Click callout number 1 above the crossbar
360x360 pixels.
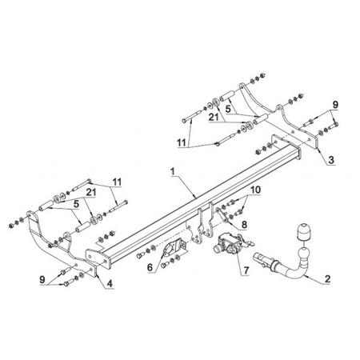pyautogui.click(x=173, y=171)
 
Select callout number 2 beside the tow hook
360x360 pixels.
pyautogui.click(x=327, y=279)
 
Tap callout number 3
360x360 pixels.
pyautogui.click(x=331, y=160)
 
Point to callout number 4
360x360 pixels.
pyautogui.click(x=110, y=284)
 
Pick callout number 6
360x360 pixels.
pyautogui.click(x=150, y=267)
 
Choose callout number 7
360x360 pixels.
pyautogui.click(x=246, y=270)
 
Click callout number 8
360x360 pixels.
pyautogui.click(x=244, y=225)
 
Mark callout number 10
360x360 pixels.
pyautogui.click(x=255, y=190)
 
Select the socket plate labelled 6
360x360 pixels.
pyautogui.click(x=172, y=249)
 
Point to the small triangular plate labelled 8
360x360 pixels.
pyautogui.click(x=221, y=214)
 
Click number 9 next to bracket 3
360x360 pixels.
pyautogui.click(x=335, y=105)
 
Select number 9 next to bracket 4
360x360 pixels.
pyautogui.click(x=42, y=279)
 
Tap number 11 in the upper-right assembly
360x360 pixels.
pyautogui.click(x=182, y=142)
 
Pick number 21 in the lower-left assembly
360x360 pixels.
pyautogui.click(x=90, y=192)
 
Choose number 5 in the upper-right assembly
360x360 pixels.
pyautogui.click(x=228, y=109)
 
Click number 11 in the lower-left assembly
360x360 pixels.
pyautogui.click(x=117, y=182)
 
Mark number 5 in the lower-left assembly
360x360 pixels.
pyautogui.click(x=76, y=204)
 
